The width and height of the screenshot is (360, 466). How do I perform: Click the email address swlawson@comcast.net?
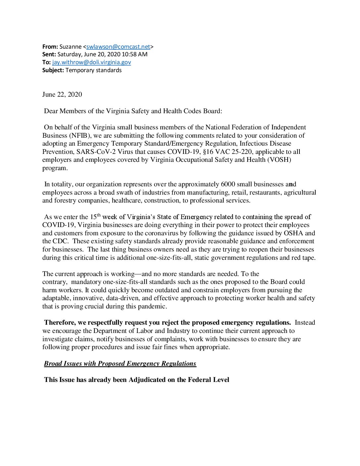(118, 47)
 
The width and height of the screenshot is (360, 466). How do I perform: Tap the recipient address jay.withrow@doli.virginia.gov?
(92, 62)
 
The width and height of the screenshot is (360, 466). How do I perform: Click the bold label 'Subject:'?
(53, 70)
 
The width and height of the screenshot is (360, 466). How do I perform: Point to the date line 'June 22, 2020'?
(62, 95)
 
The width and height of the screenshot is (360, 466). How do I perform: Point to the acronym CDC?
(60, 241)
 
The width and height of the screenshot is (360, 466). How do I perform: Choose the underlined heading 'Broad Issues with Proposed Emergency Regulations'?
(120, 364)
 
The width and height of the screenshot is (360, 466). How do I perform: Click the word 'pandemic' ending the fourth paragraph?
(154, 306)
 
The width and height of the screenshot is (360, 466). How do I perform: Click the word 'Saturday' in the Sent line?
(68, 54)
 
